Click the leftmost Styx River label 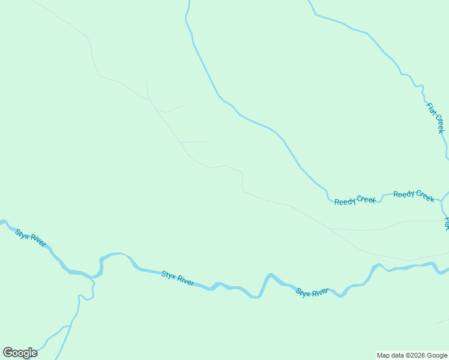coord(31,237)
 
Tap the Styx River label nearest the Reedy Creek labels coord(312,292)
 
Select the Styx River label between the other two coord(178,278)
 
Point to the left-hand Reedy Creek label coord(355,200)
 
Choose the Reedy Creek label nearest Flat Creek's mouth coord(414,196)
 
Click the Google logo coord(20,353)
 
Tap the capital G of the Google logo coord(8,353)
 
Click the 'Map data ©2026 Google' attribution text coord(412,355)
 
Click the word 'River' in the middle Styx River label coord(185,280)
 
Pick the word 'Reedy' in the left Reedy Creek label coord(345,201)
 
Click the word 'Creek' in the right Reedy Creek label coord(424,197)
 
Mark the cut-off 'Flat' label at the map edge coord(446,224)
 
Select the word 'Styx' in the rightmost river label coord(303,293)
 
